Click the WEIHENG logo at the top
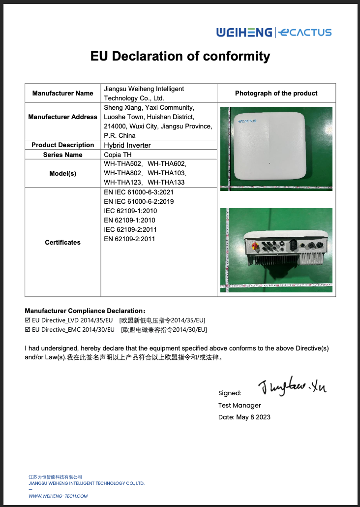coord(244,32)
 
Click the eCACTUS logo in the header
coord(304,33)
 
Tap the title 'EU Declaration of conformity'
coord(180,56)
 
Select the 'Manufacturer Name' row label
coord(62,93)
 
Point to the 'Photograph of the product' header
coord(276,93)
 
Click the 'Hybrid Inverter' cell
coord(127,145)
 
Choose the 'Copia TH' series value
coord(118,155)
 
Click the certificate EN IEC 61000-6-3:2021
coord(139,192)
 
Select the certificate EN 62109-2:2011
coord(129,239)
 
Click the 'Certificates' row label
coord(62,242)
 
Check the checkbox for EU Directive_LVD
coord(28,320)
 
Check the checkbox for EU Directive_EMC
coord(28,329)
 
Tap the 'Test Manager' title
coord(240,406)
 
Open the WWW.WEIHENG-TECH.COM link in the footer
coord(55,496)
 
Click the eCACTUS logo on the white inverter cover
coord(247,121)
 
